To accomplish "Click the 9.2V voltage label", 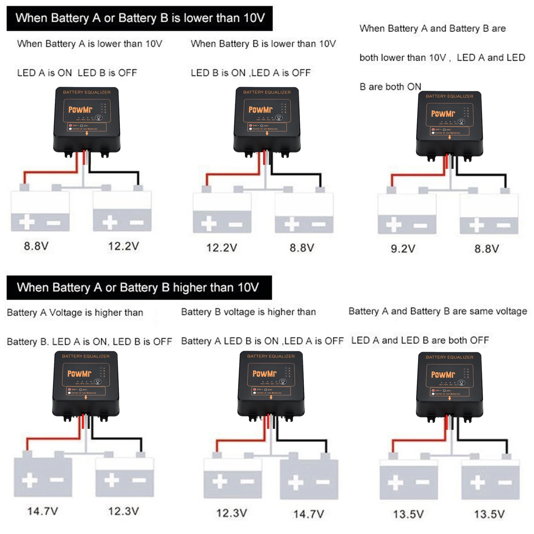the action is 403,249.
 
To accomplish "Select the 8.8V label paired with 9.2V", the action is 487,249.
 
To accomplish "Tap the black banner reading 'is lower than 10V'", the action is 140,18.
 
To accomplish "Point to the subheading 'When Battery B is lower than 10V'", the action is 263,44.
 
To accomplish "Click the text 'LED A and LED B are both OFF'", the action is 420,340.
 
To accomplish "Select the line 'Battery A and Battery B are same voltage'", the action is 438,311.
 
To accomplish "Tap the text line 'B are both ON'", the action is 390,87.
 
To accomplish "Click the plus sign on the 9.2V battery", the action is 394,224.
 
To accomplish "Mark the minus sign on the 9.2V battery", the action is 420,226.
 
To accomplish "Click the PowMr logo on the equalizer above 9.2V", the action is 443,114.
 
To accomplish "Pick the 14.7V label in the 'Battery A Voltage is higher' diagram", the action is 42,511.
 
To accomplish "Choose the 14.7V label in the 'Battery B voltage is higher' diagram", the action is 308,514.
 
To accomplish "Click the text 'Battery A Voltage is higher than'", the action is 75,313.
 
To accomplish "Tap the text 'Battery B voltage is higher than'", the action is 248,312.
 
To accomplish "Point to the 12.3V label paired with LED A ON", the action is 123,511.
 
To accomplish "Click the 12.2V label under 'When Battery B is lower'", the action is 222,248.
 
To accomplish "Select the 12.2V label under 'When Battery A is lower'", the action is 123,246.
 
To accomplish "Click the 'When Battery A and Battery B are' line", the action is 432,29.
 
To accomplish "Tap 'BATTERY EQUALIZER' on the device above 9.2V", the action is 449,96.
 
